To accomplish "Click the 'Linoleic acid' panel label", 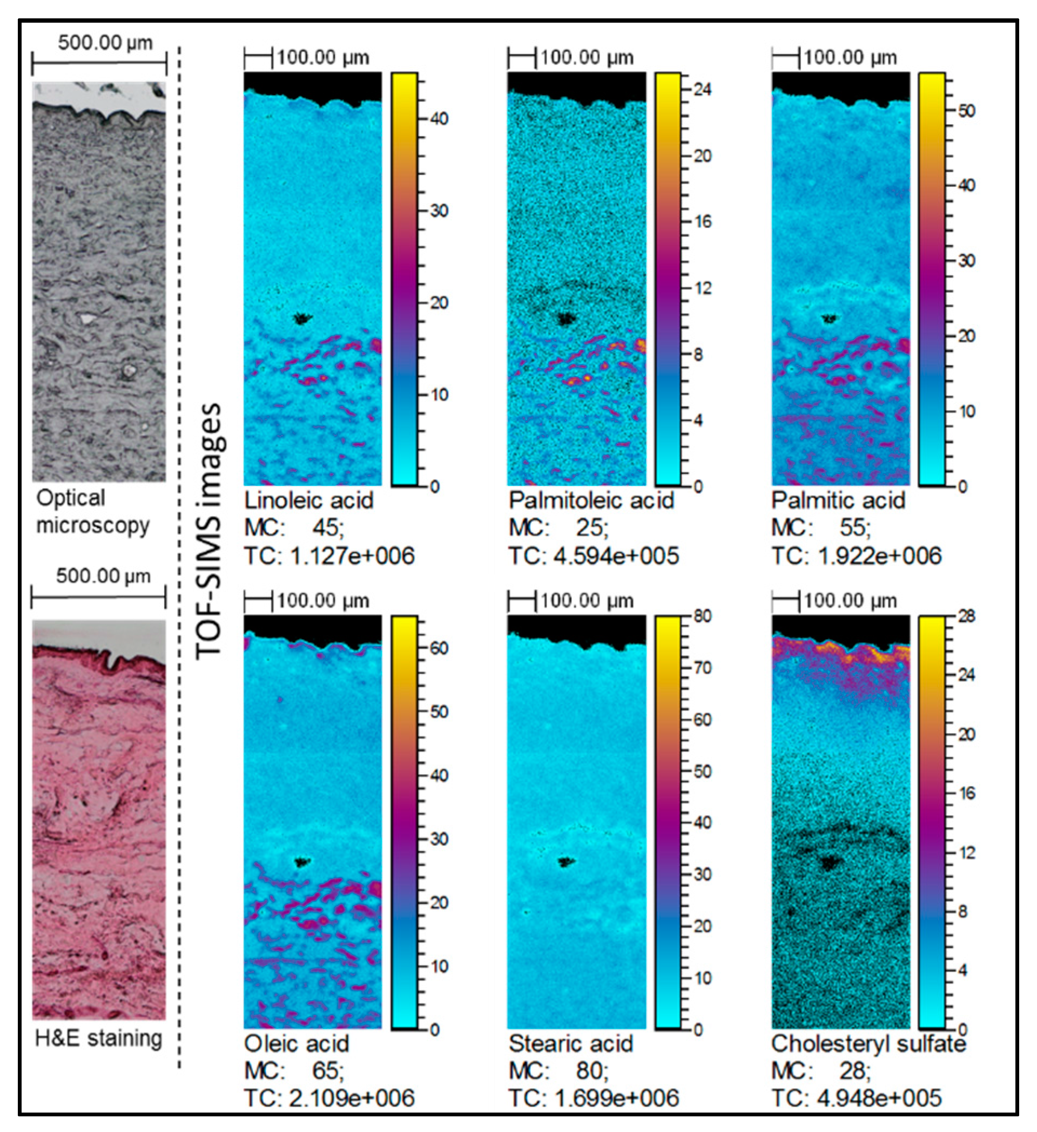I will coord(308,500).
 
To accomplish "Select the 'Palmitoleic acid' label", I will coord(591,500).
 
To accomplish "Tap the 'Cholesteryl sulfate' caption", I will coord(868,1044).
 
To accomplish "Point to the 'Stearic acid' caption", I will coord(571,1044).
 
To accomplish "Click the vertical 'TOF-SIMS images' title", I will coord(210,531).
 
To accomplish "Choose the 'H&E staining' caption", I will coord(98,1038).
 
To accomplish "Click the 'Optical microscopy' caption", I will coord(93,512).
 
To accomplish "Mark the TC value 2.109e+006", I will coord(352,1098).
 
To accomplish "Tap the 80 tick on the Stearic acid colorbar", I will coord(702,616).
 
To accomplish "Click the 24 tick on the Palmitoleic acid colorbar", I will coord(702,89).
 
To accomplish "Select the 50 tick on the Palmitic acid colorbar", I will coord(966,111).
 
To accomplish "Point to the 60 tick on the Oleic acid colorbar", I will coord(439,648).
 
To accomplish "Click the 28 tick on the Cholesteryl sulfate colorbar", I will coord(966,616).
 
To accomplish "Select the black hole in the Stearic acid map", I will coord(566,862).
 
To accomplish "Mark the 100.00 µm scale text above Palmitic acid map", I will coord(850,58).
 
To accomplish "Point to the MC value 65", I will coord(326,1071).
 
